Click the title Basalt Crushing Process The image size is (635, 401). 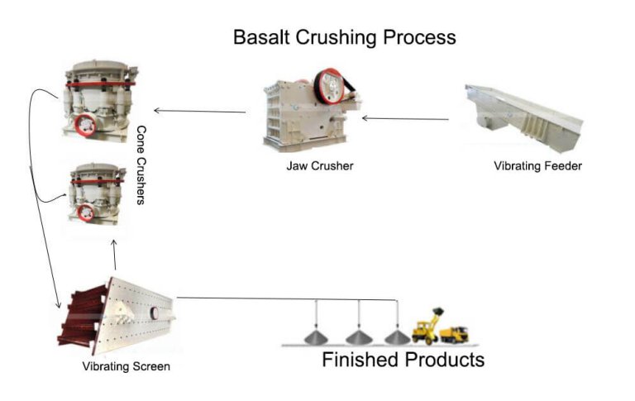(x=344, y=37)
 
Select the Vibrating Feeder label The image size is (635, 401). (x=537, y=166)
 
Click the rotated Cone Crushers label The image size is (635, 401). (x=141, y=165)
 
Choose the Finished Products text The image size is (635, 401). (x=403, y=360)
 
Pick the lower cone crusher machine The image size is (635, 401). (x=98, y=194)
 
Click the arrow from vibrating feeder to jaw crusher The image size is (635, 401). (x=406, y=119)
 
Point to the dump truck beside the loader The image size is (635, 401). (x=453, y=333)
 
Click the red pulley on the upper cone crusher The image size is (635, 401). (x=84, y=127)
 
